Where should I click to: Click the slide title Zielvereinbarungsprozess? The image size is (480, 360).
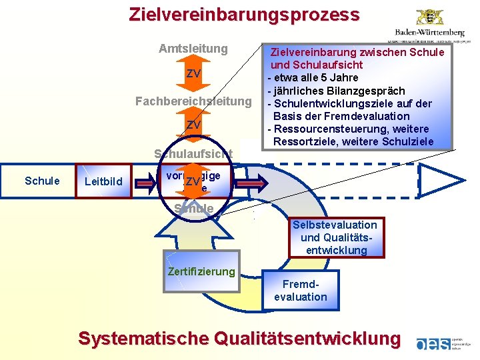tap(244, 14)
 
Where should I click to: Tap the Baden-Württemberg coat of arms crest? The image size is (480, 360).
tap(429, 16)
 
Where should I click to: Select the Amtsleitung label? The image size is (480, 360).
tap(193, 49)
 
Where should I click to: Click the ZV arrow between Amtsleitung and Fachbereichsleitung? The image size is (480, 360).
tap(194, 73)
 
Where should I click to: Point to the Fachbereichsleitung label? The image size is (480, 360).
tap(193, 101)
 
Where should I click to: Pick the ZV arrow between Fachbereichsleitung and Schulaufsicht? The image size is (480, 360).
tap(194, 125)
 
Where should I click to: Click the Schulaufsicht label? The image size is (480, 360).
tap(193, 154)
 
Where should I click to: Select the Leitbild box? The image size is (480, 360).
tap(104, 181)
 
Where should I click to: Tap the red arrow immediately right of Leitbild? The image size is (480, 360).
tap(147, 181)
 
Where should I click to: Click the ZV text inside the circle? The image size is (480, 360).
tap(193, 182)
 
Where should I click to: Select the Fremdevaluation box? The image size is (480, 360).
tap(301, 291)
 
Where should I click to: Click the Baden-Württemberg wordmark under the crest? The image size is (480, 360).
tap(429, 32)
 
